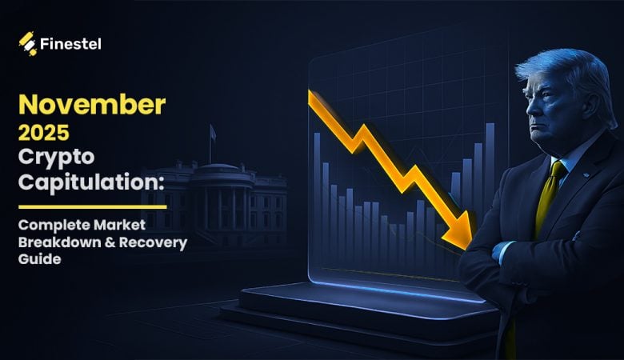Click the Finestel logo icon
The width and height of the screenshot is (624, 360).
(29, 43)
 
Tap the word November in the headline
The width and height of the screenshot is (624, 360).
(93, 105)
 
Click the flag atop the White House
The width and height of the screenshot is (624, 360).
(214, 133)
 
